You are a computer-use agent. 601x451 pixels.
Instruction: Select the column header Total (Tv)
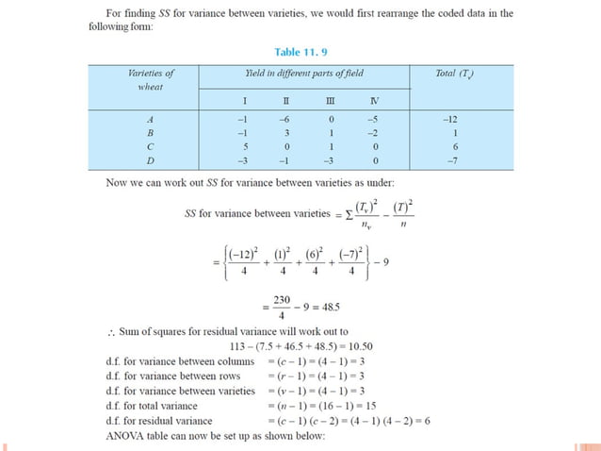pos(455,73)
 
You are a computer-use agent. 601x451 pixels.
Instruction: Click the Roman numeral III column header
pos(329,100)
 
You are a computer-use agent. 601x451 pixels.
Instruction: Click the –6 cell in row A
pos(284,120)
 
